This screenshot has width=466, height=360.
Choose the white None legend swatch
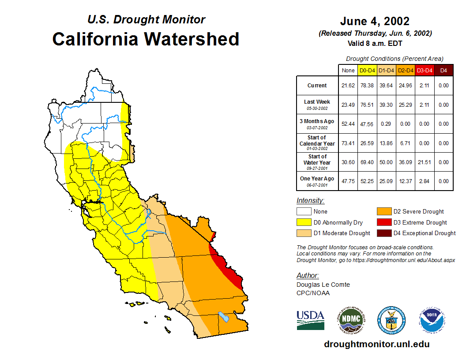pyautogui.click(x=304, y=211)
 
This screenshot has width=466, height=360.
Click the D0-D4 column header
pyautogui.click(x=367, y=70)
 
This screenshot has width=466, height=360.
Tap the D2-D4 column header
pyautogui.click(x=406, y=70)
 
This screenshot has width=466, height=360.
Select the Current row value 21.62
pyautogui.click(x=348, y=86)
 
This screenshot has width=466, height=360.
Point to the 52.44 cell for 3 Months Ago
pyautogui.click(x=348, y=124)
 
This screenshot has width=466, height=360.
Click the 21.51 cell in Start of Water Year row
pyautogui.click(x=425, y=162)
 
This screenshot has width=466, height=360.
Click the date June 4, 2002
pyautogui.click(x=375, y=21)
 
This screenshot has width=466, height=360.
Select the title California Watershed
pyautogui.click(x=146, y=39)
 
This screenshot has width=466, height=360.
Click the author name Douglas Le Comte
pyautogui.click(x=323, y=285)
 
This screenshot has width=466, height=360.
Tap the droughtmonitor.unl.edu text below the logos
pyautogui.click(x=376, y=344)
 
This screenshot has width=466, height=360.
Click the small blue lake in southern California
pyautogui.click(x=224, y=317)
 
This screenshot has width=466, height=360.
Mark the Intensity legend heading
pyautogui.click(x=310, y=200)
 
